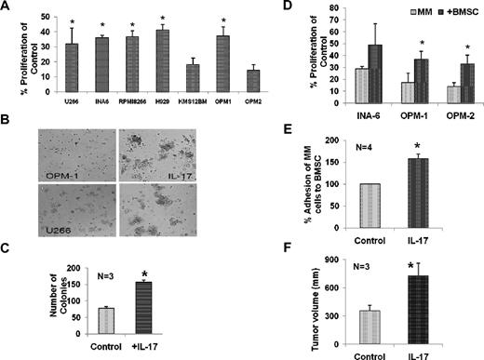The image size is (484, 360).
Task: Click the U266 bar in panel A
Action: pyautogui.click(x=70, y=71)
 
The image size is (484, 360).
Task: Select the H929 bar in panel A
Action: pyautogui.click(x=164, y=63)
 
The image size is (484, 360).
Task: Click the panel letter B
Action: pyautogui.click(x=7, y=120)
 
